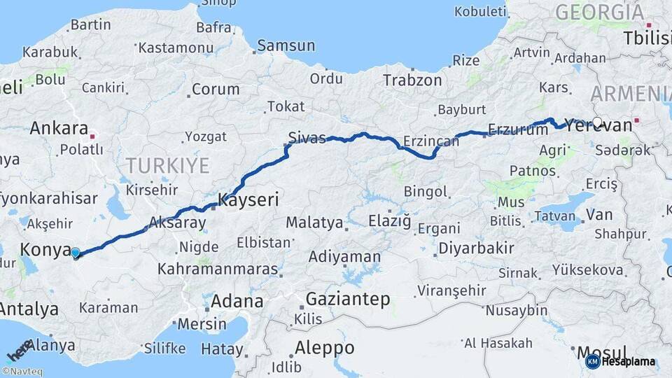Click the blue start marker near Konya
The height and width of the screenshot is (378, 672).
75,253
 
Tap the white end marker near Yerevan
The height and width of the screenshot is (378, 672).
597,122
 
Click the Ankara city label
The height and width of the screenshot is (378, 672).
58,129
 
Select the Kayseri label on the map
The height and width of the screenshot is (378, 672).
248,200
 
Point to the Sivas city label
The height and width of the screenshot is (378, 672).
307,137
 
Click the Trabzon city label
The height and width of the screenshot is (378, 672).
412,80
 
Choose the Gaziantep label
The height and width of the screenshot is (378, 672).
348,300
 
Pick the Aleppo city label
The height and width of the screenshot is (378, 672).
324,348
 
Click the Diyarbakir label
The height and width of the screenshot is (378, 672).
476,248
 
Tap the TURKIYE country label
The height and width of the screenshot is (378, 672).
167,166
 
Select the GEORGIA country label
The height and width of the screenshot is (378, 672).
599,12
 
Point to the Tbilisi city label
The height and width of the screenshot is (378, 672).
647,38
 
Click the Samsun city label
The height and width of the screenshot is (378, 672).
286,46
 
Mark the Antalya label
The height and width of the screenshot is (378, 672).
29,309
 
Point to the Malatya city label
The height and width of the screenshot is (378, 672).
314,223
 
